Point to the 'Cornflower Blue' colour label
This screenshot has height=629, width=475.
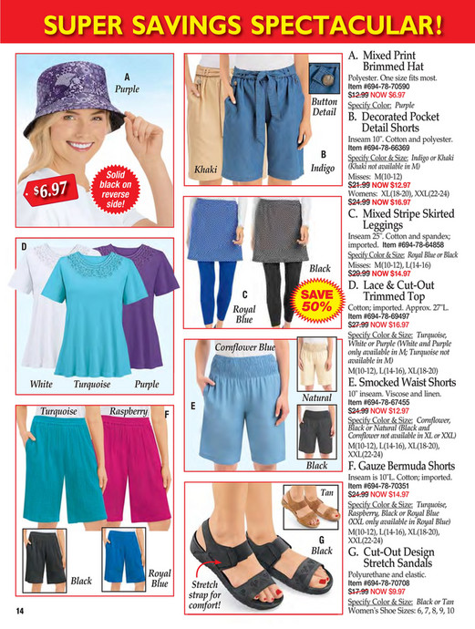pos(244,348)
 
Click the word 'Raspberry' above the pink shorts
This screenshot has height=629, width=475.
pos(129,412)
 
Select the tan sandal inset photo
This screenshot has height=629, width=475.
pos(308,514)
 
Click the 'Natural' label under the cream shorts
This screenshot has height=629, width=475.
pos(316,397)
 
